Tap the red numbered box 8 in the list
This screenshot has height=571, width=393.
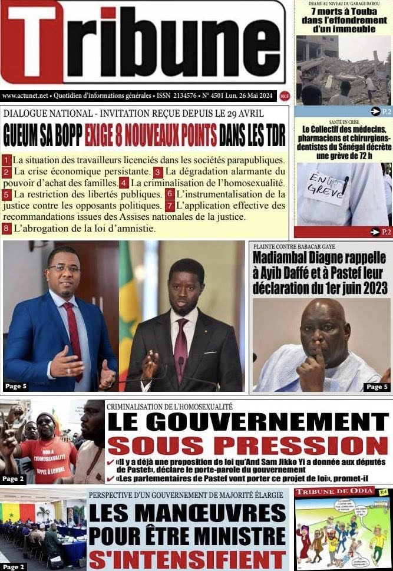click(x=7, y=228)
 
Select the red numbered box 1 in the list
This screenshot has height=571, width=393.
click(x=7, y=160)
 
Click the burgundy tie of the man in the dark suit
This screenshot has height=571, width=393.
click(x=181, y=342)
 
